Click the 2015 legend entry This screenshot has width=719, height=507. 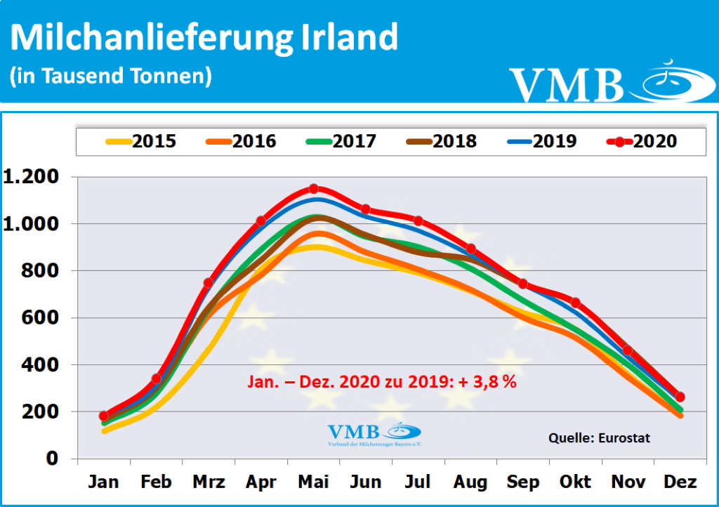141,141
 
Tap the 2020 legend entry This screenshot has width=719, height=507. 642,141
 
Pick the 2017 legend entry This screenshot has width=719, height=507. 341,141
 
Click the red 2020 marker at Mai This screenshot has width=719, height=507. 314,188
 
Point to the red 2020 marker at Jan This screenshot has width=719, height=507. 104,416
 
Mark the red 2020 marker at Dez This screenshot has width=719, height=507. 680,397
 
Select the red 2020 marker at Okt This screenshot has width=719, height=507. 575,303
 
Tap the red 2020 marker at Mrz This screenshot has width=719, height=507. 209,283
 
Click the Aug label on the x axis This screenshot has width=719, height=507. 470,482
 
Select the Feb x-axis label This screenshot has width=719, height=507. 156,482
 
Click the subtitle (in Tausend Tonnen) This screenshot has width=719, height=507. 111,76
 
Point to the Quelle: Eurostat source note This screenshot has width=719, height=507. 599,438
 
